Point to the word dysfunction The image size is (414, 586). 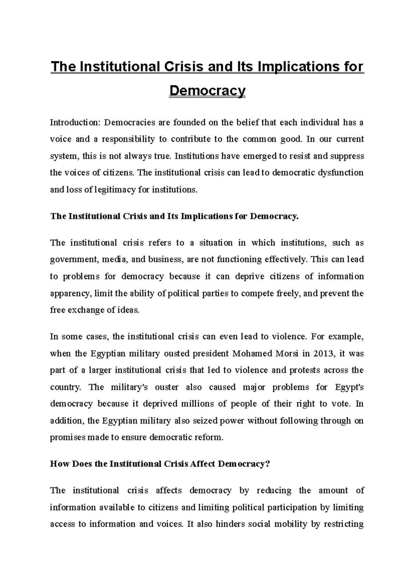coord(343,173)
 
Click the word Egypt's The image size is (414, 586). coord(349,387)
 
